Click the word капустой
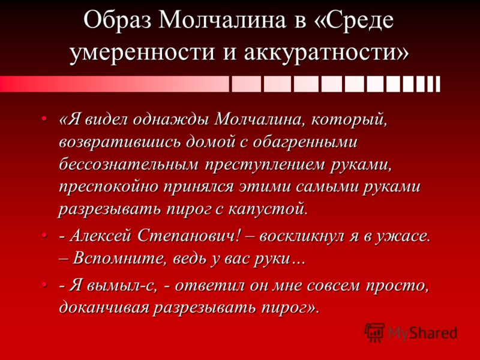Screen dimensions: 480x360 pos(268,209)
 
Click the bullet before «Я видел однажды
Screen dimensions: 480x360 pos(44,118)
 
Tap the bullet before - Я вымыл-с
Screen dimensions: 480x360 pos(44,284)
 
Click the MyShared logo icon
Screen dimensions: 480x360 pos(374,332)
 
